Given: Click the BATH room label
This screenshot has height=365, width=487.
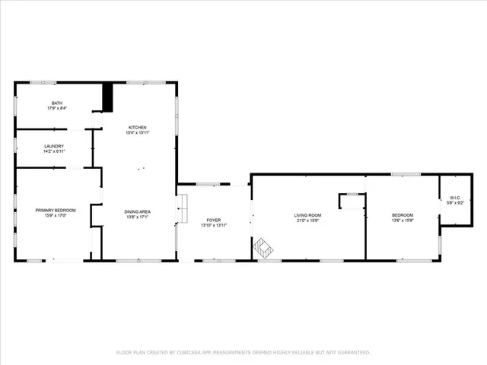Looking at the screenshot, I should coord(57,103).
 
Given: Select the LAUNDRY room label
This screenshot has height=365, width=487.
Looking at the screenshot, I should coord(54,146).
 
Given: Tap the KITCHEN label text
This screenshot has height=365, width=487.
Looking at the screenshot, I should coord(137,127).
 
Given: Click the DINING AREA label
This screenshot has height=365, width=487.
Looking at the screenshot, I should coord(138,211).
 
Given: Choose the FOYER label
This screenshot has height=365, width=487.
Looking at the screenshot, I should coord(214,220).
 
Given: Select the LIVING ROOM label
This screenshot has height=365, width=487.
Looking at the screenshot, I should coord(308,215).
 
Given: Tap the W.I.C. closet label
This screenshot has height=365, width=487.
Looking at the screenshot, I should coord(452,198).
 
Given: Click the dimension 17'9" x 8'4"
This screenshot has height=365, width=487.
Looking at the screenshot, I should coord(57,109).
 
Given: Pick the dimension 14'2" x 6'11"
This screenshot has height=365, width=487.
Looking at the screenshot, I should coord(54,152).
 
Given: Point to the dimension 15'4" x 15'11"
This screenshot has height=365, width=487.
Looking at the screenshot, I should coord(137,133).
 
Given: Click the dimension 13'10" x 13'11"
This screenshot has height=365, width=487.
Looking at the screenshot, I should coord(214,225).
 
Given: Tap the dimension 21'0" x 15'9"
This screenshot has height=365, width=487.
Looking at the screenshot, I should coord(308,221).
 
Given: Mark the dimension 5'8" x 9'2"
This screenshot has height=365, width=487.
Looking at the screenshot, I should coord(452,204).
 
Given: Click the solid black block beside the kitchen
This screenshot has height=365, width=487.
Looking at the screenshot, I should coord(107,97).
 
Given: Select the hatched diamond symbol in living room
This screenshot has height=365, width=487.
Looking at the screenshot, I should coord(264,247).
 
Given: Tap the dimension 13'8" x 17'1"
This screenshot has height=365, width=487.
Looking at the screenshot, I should coord(138,217).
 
